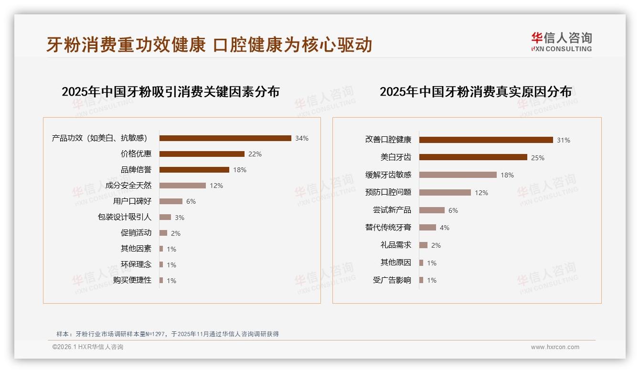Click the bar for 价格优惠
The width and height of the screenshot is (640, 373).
coord(202,154)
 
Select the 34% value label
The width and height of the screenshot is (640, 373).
coord(302,138)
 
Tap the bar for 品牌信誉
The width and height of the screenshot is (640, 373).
coord(194,170)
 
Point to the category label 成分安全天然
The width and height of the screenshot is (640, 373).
coord(128,186)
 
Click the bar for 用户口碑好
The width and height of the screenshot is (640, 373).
coord(171,201)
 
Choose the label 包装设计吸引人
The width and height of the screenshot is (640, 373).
coord(124,217)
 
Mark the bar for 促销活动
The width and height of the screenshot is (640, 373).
coord(163,233)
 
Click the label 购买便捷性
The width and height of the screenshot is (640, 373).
coord(132,280)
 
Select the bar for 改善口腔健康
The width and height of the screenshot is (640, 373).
coord(486,140)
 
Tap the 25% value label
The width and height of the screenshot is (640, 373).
coord(538,157)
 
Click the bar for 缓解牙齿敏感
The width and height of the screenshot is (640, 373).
coord(458,175)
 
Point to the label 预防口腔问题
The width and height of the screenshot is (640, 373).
coord(388,192)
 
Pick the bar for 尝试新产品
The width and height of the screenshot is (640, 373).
coord(432,210)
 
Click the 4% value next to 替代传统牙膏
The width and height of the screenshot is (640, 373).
coord(445,228)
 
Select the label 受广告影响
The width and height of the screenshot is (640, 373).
coord(392,280)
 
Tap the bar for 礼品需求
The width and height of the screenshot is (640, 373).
coord(423,245)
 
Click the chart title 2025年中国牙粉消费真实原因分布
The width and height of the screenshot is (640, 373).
coord(475,91)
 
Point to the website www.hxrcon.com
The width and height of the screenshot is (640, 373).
coord(555,347)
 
